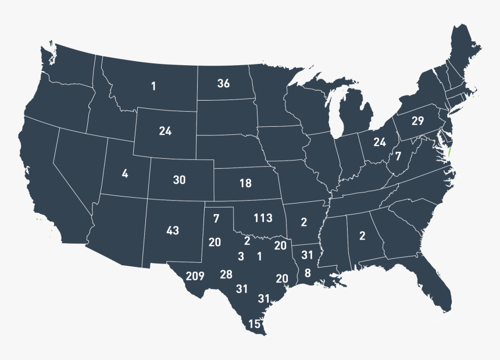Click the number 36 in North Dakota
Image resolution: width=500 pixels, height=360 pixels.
224,83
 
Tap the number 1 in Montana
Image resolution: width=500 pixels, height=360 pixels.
153,87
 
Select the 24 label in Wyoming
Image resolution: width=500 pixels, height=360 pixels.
165,131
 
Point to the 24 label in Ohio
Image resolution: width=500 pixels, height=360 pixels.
380,142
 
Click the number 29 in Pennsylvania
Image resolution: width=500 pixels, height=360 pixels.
417,121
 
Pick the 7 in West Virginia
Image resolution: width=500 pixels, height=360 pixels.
398,156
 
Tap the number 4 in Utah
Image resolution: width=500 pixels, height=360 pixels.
124,173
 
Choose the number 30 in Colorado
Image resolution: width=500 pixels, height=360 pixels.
179,180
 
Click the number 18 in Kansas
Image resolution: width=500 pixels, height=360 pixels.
245,183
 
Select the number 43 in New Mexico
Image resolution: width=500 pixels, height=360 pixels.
172,230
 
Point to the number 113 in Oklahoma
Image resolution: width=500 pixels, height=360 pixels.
263,218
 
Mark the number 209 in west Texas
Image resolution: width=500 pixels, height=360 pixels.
195,276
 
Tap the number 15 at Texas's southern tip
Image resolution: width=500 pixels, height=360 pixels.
254,324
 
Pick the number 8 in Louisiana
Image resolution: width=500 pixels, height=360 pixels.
308,273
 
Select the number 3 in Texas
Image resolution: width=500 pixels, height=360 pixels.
240,256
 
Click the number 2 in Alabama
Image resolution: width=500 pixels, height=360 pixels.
362,236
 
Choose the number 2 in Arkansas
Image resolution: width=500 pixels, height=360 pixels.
303,222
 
